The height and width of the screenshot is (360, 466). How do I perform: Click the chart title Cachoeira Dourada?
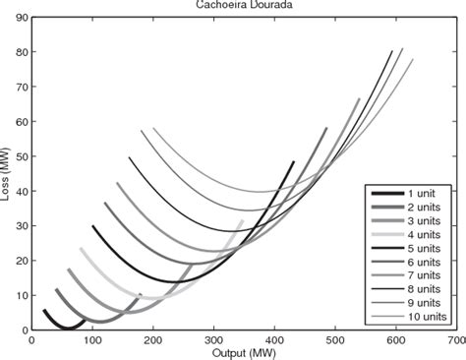243,5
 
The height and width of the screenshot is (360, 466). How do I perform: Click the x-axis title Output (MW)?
243,352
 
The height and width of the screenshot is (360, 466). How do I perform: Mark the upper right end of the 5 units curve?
293,161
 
